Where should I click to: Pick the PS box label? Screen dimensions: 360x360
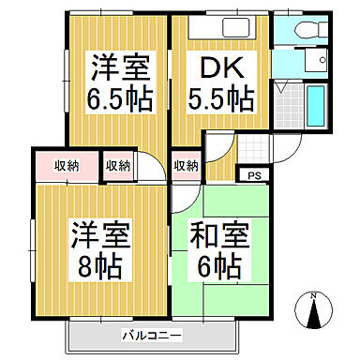252,174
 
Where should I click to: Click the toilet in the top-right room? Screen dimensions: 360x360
300,28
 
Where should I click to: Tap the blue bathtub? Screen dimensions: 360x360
315,105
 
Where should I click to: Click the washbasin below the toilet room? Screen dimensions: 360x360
320,62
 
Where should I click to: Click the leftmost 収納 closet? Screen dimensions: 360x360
65,166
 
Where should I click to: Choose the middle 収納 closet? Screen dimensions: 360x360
117,166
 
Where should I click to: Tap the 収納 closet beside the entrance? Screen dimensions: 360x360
186,166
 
